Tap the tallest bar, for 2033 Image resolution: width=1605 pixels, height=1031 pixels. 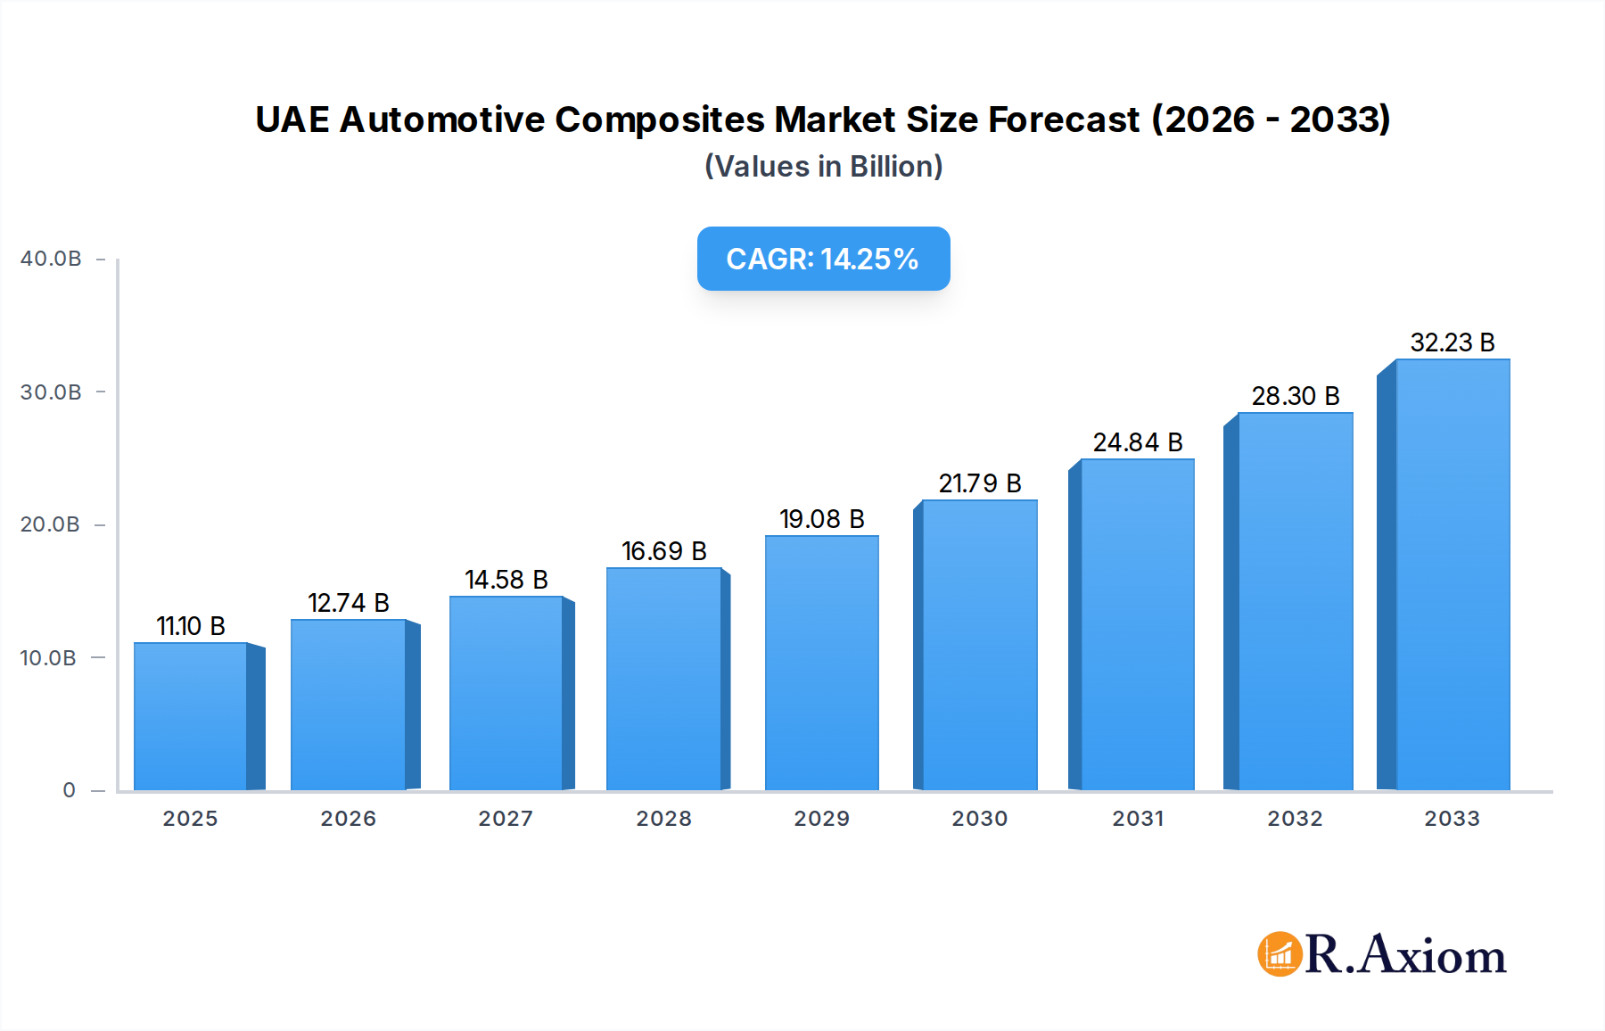click(1453, 574)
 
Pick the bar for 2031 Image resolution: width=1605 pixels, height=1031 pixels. click(1137, 624)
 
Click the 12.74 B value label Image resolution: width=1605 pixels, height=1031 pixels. click(349, 604)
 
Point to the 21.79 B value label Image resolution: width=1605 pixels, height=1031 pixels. click(980, 484)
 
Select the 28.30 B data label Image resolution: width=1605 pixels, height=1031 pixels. click(1296, 397)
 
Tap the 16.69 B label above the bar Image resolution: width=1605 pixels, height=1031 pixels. click(664, 552)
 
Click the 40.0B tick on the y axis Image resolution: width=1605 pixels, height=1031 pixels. click(51, 260)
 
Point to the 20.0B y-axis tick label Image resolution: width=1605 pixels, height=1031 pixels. click(51, 525)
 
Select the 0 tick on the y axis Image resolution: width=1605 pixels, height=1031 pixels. click(70, 790)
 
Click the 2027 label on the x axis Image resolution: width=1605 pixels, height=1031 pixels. click(506, 819)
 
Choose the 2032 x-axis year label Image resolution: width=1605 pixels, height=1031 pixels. click(1295, 819)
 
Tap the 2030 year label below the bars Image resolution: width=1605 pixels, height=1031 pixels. click(979, 819)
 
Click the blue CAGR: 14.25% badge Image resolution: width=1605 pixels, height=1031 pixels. click(823, 259)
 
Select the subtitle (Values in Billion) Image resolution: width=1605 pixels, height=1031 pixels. click(823, 167)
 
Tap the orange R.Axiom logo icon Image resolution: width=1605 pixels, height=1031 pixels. click(1280, 954)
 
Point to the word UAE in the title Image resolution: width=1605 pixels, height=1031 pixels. click(292, 120)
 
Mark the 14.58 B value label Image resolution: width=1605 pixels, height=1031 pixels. click(506, 581)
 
